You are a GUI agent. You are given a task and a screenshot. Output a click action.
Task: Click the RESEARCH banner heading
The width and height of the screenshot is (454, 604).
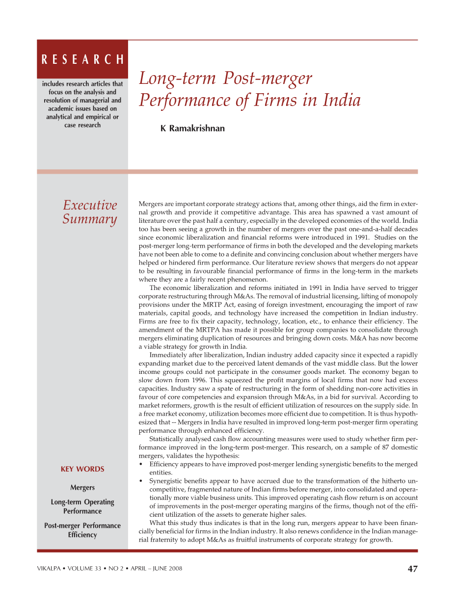82,60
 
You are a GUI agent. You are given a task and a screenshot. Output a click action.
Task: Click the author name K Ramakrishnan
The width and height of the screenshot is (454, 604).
193,129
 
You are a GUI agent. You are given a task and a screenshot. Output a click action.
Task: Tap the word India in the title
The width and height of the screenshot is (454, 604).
342,100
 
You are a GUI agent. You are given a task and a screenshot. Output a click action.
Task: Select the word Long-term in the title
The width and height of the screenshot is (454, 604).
177,79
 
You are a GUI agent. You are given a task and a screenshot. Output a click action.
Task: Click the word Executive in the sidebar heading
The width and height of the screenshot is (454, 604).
90,205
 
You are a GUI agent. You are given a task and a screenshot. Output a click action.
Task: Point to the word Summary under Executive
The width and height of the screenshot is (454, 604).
89,219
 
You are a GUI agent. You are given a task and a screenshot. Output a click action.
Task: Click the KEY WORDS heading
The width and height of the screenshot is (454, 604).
82,469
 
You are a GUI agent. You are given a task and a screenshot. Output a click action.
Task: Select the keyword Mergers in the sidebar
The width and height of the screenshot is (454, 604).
82,488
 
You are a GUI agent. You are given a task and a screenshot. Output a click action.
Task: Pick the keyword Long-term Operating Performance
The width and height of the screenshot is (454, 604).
82,506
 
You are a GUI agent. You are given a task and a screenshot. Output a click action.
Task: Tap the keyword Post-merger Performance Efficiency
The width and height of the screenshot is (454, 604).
82,530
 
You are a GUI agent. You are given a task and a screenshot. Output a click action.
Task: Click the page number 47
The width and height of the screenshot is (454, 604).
412,569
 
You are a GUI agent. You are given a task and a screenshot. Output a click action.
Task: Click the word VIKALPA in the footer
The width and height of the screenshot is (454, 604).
51,569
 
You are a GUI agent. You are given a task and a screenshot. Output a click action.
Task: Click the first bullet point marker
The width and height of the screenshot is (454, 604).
141,464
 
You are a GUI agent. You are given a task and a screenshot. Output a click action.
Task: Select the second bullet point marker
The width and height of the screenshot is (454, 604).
141,481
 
